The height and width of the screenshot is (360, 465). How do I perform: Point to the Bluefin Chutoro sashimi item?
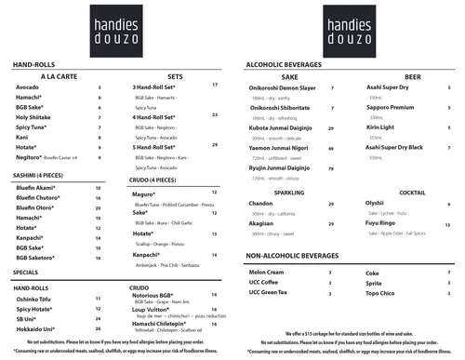(x=37, y=197)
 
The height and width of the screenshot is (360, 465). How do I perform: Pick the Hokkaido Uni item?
(x=36, y=329)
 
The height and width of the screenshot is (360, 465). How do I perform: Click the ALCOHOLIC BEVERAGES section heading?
(x=290, y=63)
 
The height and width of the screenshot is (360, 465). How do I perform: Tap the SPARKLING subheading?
(x=288, y=193)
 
